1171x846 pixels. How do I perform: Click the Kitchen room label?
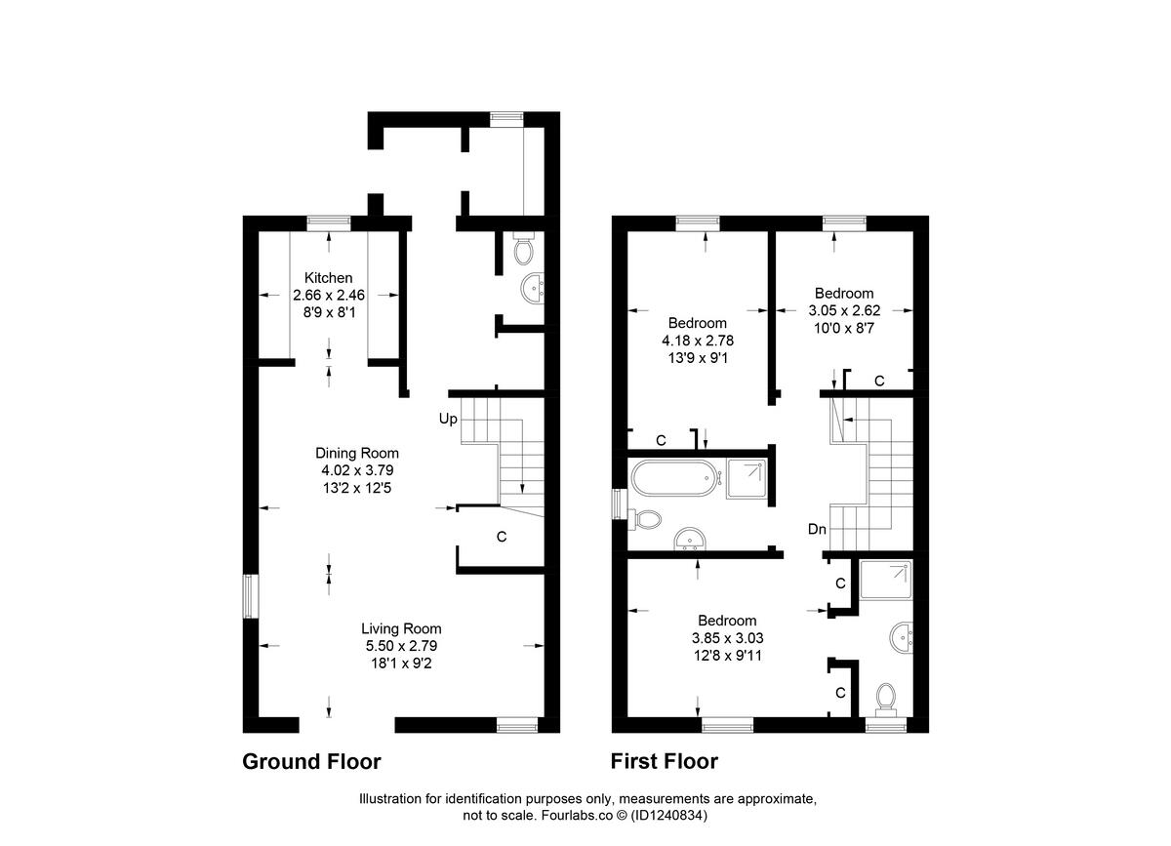(327, 278)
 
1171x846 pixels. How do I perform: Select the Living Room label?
(401, 628)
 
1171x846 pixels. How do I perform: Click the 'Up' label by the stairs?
(448, 419)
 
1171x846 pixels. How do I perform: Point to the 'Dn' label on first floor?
(817, 530)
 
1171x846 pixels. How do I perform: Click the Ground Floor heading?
(311, 762)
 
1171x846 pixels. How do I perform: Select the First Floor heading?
(664, 762)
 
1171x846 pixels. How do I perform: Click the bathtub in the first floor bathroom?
(673, 478)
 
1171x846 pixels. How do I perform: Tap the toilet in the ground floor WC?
(524, 251)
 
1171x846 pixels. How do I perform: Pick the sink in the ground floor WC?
(533, 287)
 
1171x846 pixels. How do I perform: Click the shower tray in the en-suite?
(885, 582)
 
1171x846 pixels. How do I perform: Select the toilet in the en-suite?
(886, 698)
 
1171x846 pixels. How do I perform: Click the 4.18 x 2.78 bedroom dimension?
(697, 341)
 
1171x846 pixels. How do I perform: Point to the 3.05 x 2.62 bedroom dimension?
(844, 310)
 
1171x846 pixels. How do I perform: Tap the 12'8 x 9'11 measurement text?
(727, 656)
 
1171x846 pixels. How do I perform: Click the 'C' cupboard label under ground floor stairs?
(502, 536)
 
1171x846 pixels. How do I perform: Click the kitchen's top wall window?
(328, 222)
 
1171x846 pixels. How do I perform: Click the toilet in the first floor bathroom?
(647, 519)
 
